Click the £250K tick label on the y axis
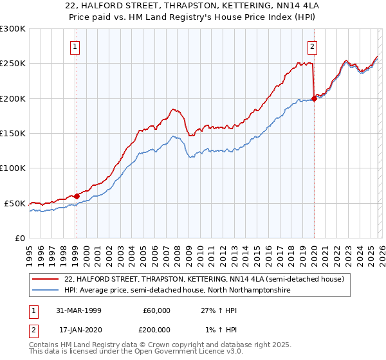tap(13, 64)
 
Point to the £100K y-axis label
tap(13, 168)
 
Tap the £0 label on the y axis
tap(20, 238)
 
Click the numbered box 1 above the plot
tap(76, 46)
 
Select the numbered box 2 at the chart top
tap(312, 46)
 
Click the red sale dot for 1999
tap(77, 196)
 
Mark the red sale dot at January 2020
tap(314, 98)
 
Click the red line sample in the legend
tap(46, 279)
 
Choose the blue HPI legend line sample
tap(46, 290)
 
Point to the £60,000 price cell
tap(156, 310)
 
